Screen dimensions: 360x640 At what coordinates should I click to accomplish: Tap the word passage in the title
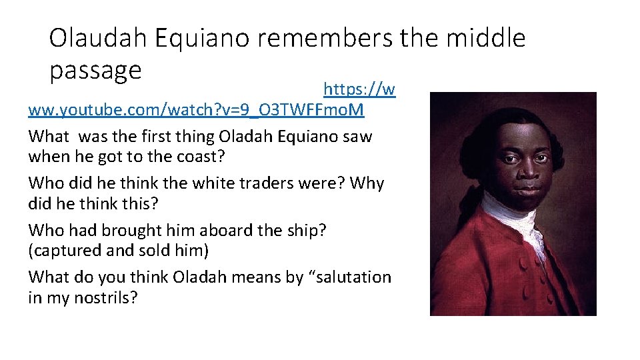[x=95, y=70]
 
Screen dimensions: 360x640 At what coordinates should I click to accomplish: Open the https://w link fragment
[x=359, y=89]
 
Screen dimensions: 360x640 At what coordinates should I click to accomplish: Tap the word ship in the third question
[x=305, y=231]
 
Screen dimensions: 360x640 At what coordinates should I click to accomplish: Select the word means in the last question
[x=248, y=277]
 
